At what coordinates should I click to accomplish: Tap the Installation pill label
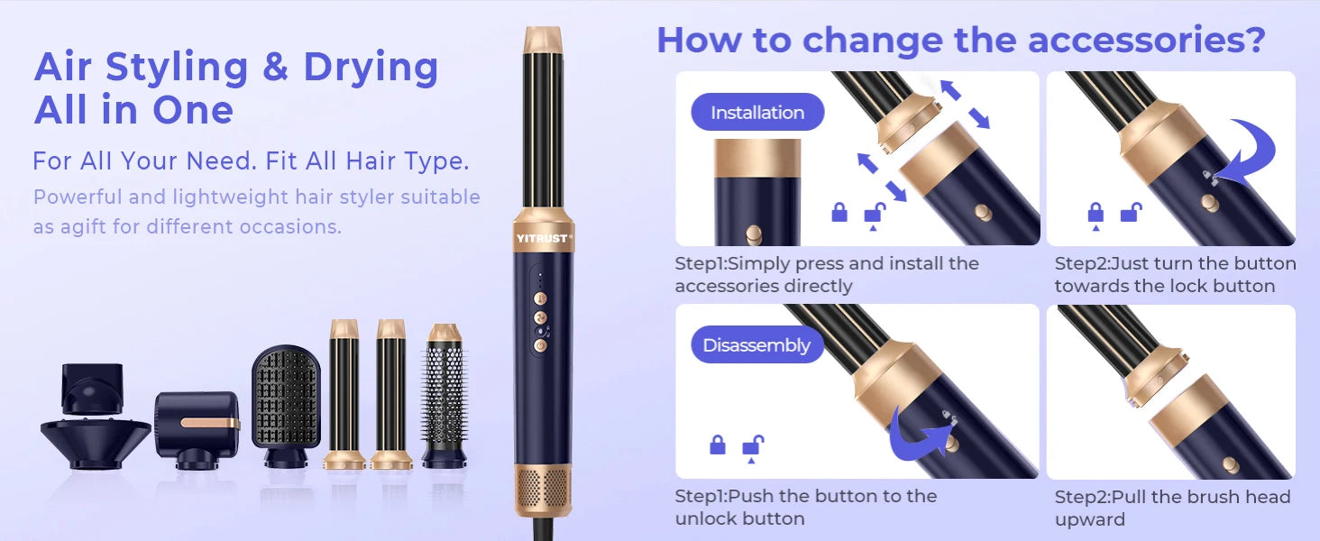click(x=757, y=113)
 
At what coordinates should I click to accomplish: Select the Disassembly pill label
click(x=756, y=345)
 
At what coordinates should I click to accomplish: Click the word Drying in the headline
click(x=371, y=68)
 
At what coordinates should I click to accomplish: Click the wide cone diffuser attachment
click(x=95, y=442)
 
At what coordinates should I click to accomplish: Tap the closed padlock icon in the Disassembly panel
click(x=718, y=445)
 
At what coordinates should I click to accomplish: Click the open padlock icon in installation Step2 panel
click(x=1129, y=214)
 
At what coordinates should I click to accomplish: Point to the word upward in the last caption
click(x=1090, y=519)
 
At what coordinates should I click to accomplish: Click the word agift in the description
click(x=83, y=226)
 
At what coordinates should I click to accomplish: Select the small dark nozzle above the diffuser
click(x=92, y=388)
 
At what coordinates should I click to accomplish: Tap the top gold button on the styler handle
click(x=540, y=298)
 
